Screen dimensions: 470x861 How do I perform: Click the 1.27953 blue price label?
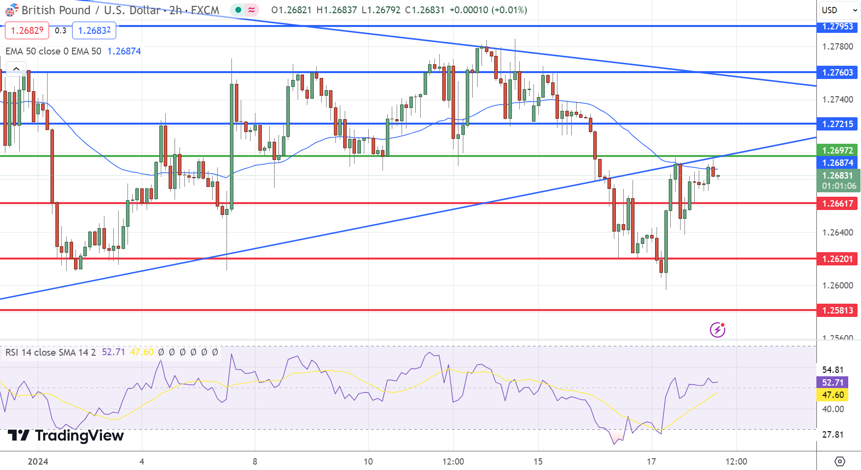click(837, 26)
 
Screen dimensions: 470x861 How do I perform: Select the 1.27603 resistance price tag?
click(837, 73)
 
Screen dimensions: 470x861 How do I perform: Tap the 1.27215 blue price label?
click(837, 124)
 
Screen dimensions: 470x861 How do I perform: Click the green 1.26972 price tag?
click(837, 150)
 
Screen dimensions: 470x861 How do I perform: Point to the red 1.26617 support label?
click(837, 203)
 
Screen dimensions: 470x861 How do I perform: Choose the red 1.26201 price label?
click(837, 259)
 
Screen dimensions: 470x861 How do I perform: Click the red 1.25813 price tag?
click(837, 310)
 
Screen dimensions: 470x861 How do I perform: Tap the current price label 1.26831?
click(837, 176)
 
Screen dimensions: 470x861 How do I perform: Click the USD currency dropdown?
click(839, 10)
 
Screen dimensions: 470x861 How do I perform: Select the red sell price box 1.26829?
click(27, 30)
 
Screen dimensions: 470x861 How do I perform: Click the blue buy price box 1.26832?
click(94, 30)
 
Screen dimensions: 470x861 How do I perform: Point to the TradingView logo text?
click(66, 436)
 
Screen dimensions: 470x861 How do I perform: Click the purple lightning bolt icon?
click(717, 330)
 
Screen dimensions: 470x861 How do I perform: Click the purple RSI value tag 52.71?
click(833, 383)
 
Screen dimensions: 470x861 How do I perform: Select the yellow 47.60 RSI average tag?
click(833, 395)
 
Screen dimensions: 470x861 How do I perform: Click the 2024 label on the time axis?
click(38, 461)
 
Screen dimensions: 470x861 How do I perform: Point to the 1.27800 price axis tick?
click(837, 47)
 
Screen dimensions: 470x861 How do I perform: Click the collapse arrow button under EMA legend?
click(16, 69)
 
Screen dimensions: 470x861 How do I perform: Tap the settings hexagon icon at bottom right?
click(839, 461)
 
